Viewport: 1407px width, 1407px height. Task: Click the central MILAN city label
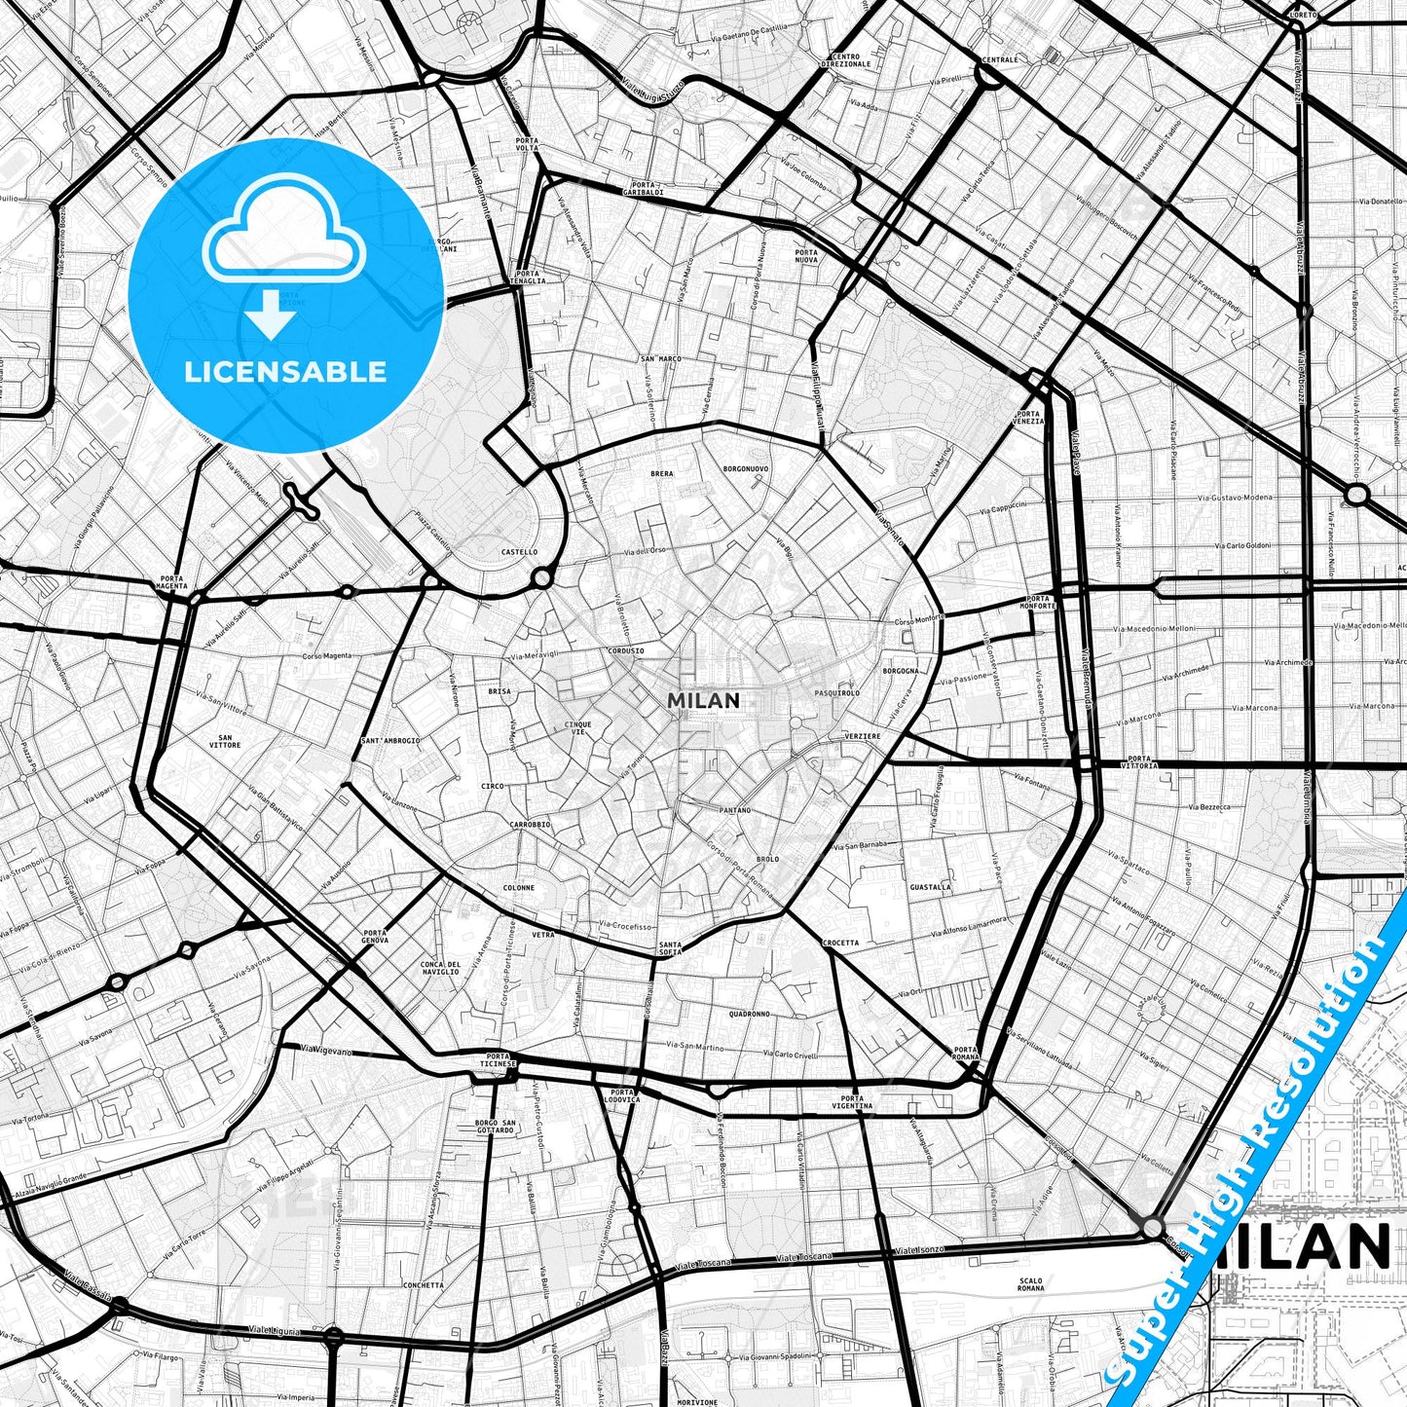[x=703, y=700]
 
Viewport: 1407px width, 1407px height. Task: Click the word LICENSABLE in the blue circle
[x=285, y=371]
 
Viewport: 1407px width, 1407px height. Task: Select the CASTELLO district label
[x=519, y=552]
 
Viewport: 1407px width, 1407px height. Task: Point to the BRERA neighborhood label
[x=661, y=474]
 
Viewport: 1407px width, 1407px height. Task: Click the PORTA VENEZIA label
[x=1028, y=419]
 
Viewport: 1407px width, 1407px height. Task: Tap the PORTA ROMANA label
[x=965, y=1054]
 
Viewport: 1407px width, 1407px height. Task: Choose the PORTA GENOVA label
[x=375, y=937]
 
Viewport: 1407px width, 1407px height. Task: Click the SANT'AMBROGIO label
[x=390, y=741]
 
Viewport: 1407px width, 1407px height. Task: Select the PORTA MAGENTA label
[x=170, y=582]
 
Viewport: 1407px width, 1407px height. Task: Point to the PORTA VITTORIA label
[x=1141, y=762]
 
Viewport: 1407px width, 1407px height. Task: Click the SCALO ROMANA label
[x=1030, y=1284]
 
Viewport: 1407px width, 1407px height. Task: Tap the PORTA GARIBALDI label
[x=647, y=189]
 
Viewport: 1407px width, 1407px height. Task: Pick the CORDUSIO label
[x=625, y=651]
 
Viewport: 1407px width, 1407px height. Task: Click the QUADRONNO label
[x=749, y=1014]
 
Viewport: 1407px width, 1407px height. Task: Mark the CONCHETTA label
[x=423, y=1285]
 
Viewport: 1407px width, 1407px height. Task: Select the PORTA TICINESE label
[x=496, y=1061]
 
